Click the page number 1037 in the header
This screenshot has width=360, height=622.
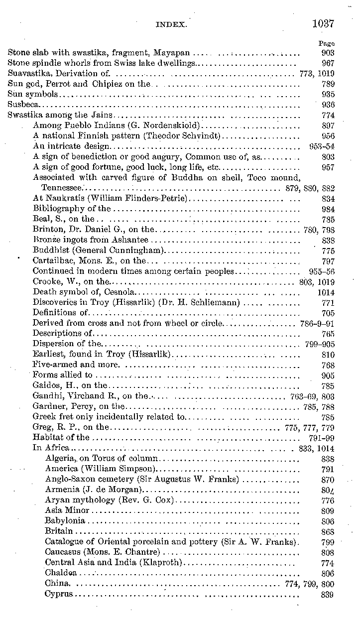tap(323, 23)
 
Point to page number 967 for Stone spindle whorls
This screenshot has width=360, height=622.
tap(328, 63)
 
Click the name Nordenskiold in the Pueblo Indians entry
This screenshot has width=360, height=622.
tap(175, 125)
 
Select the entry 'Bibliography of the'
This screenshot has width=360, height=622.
tap(72, 209)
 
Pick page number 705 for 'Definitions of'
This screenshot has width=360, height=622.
tap(328, 313)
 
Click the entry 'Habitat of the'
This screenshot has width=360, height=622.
tap(61, 437)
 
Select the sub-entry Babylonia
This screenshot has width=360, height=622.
tap(65, 520)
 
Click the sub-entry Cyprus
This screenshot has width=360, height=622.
tap(59, 594)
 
